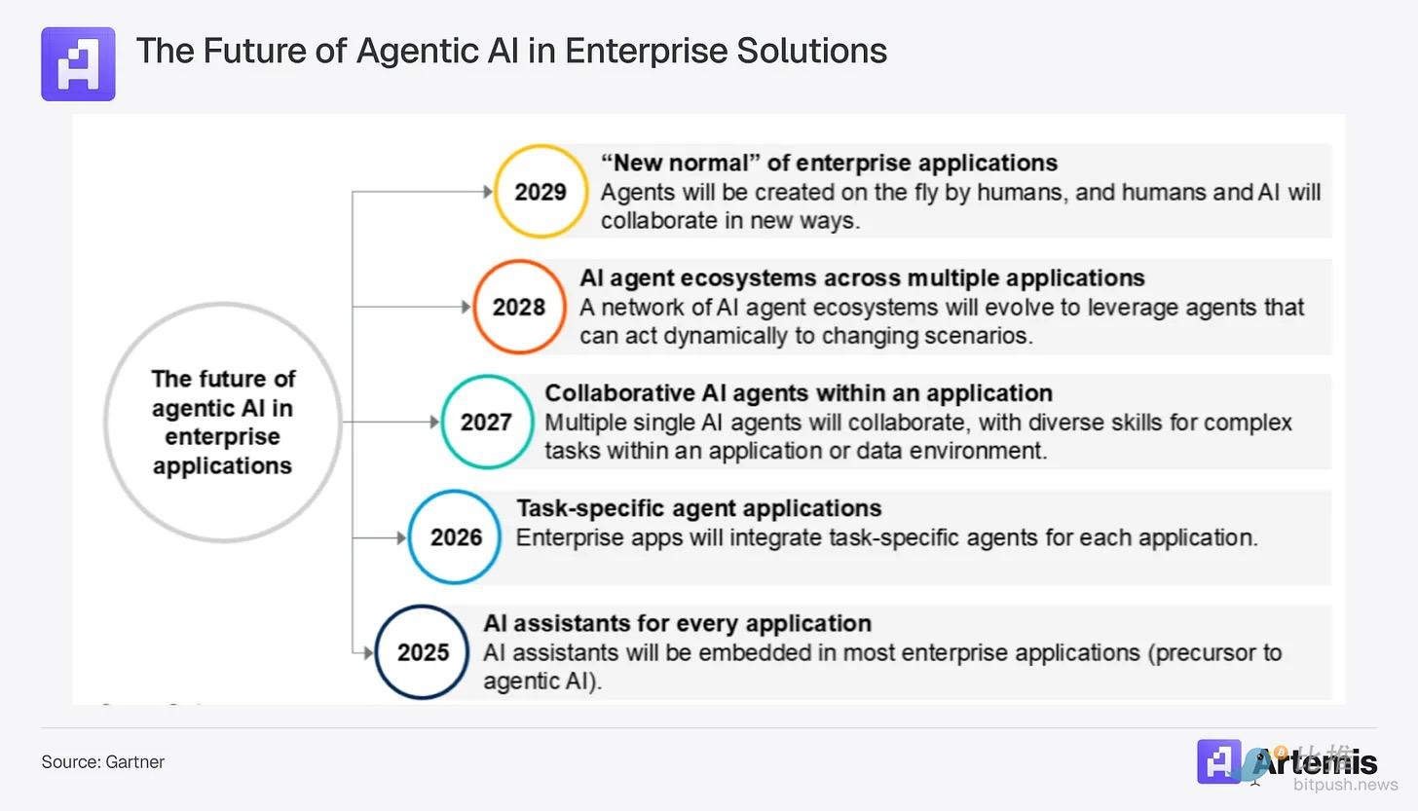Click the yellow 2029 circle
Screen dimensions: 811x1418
coord(541,192)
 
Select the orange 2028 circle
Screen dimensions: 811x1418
coord(519,307)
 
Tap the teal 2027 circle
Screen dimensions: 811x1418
coord(486,422)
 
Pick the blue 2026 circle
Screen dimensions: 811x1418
coord(455,536)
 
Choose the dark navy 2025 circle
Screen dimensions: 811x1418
coord(422,651)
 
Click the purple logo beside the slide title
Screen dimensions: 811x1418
coord(78,64)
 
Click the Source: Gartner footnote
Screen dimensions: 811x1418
coord(102,762)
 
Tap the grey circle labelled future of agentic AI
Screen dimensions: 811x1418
coord(222,422)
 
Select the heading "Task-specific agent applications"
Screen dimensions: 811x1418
coord(698,508)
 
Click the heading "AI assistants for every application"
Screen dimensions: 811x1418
coord(677,623)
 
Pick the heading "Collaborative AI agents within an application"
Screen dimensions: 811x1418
coord(798,393)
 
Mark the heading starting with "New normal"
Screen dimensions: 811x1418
coord(829,163)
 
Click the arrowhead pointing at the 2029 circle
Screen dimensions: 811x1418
coord(488,192)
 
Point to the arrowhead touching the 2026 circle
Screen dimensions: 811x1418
coord(400,536)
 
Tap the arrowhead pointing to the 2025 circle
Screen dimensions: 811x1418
coord(367,651)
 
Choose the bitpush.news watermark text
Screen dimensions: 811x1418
coord(1345,784)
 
